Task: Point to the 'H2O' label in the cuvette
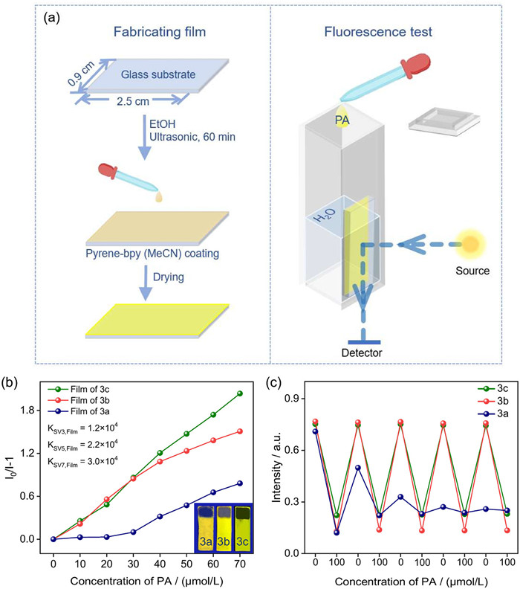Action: (325, 214)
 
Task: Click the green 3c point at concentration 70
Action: (239, 393)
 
